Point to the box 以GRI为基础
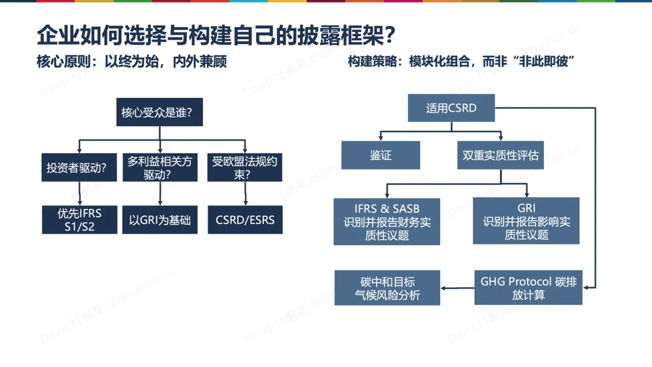pyautogui.click(x=160, y=220)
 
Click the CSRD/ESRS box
pyautogui.click(x=245, y=220)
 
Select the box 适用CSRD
pyautogui.click(x=451, y=109)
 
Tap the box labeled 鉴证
pyautogui.click(x=380, y=155)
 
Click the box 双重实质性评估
pyautogui.click(x=500, y=155)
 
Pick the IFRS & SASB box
pyautogui.click(x=387, y=221)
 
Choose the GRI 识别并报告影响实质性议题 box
pyautogui.click(x=526, y=220)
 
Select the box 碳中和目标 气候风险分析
pyautogui.click(x=387, y=288)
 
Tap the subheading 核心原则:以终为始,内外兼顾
pyautogui.click(x=132, y=62)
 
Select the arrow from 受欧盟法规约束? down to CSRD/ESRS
pyautogui.click(x=245, y=194)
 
